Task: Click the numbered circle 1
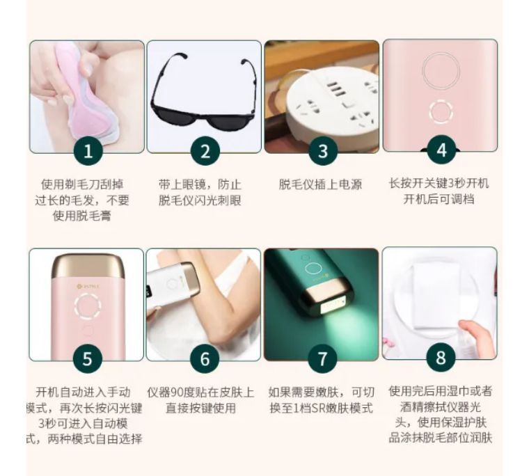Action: [88, 152]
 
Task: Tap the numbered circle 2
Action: [205, 152]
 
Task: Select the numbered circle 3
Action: [322, 152]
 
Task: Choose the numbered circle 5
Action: [88, 359]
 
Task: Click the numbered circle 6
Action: [205, 359]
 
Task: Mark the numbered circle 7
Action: [322, 359]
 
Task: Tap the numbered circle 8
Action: [440, 358]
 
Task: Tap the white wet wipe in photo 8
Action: [432, 292]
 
